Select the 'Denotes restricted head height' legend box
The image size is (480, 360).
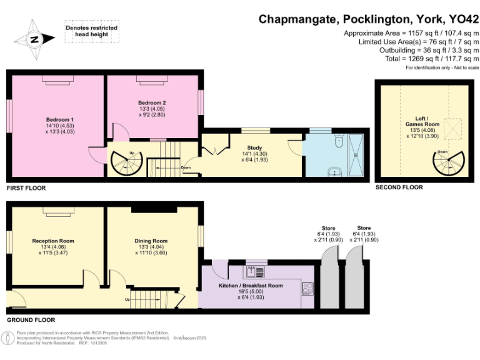[x=91, y=32]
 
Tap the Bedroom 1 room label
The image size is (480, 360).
[x=59, y=123]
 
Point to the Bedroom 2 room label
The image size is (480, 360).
[x=152, y=107]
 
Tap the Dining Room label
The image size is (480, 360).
[x=151, y=245]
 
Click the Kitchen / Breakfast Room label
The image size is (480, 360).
[x=251, y=289]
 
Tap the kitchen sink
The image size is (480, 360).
[x=256, y=271]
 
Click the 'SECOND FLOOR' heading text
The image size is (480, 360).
[x=399, y=187]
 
